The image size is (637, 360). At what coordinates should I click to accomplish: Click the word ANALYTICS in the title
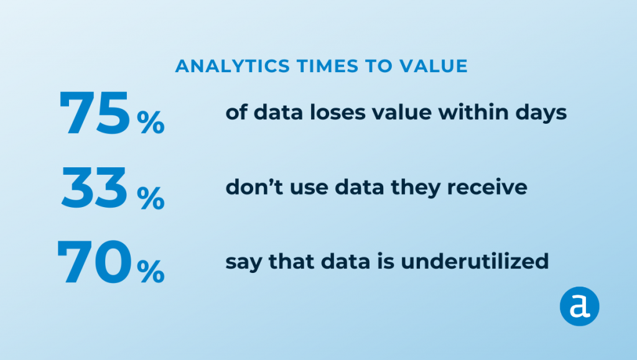pyautogui.click(x=233, y=66)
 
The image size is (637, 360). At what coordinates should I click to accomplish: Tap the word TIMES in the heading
pyautogui.click(x=327, y=66)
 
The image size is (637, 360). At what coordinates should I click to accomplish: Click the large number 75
pyautogui.click(x=95, y=113)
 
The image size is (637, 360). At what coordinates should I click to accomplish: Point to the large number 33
pyautogui.click(x=95, y=188)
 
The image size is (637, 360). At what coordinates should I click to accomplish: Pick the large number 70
pyautogui.click(x=95, y=262)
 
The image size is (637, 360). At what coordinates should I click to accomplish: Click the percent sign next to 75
pyautogui.click(x=151, y=122)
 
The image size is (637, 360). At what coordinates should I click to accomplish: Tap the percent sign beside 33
pyautogui.click(x=151, y=198)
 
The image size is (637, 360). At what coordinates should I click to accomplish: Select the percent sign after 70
pyautogui.click(x=151, y=272)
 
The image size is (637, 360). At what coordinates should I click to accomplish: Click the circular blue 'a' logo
pyautogui.click(x=579, y=307)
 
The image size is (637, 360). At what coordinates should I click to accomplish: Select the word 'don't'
pyautogui.click(x=254, y=187)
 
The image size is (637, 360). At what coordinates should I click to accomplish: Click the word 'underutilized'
pyautogui.click(x=475, y=261)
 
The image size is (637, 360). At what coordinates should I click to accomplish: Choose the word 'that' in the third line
pyautogui.click(x=292, y=261)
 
